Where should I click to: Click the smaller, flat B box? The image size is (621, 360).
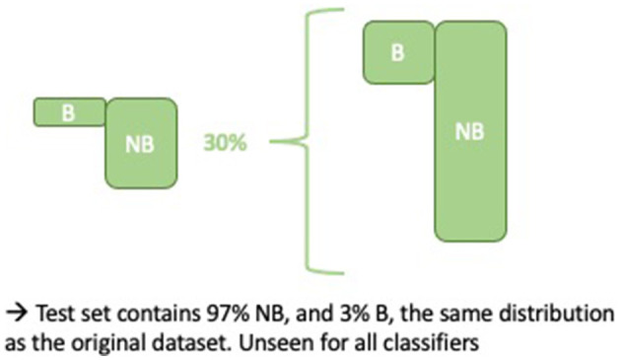(x=68, y=111)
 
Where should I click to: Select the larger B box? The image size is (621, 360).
(x=398, y=52)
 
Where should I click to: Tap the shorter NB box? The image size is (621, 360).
(x=142, y=142)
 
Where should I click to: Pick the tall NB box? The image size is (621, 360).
(x=471, y=131)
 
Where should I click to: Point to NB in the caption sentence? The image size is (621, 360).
(x=241, y=314)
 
